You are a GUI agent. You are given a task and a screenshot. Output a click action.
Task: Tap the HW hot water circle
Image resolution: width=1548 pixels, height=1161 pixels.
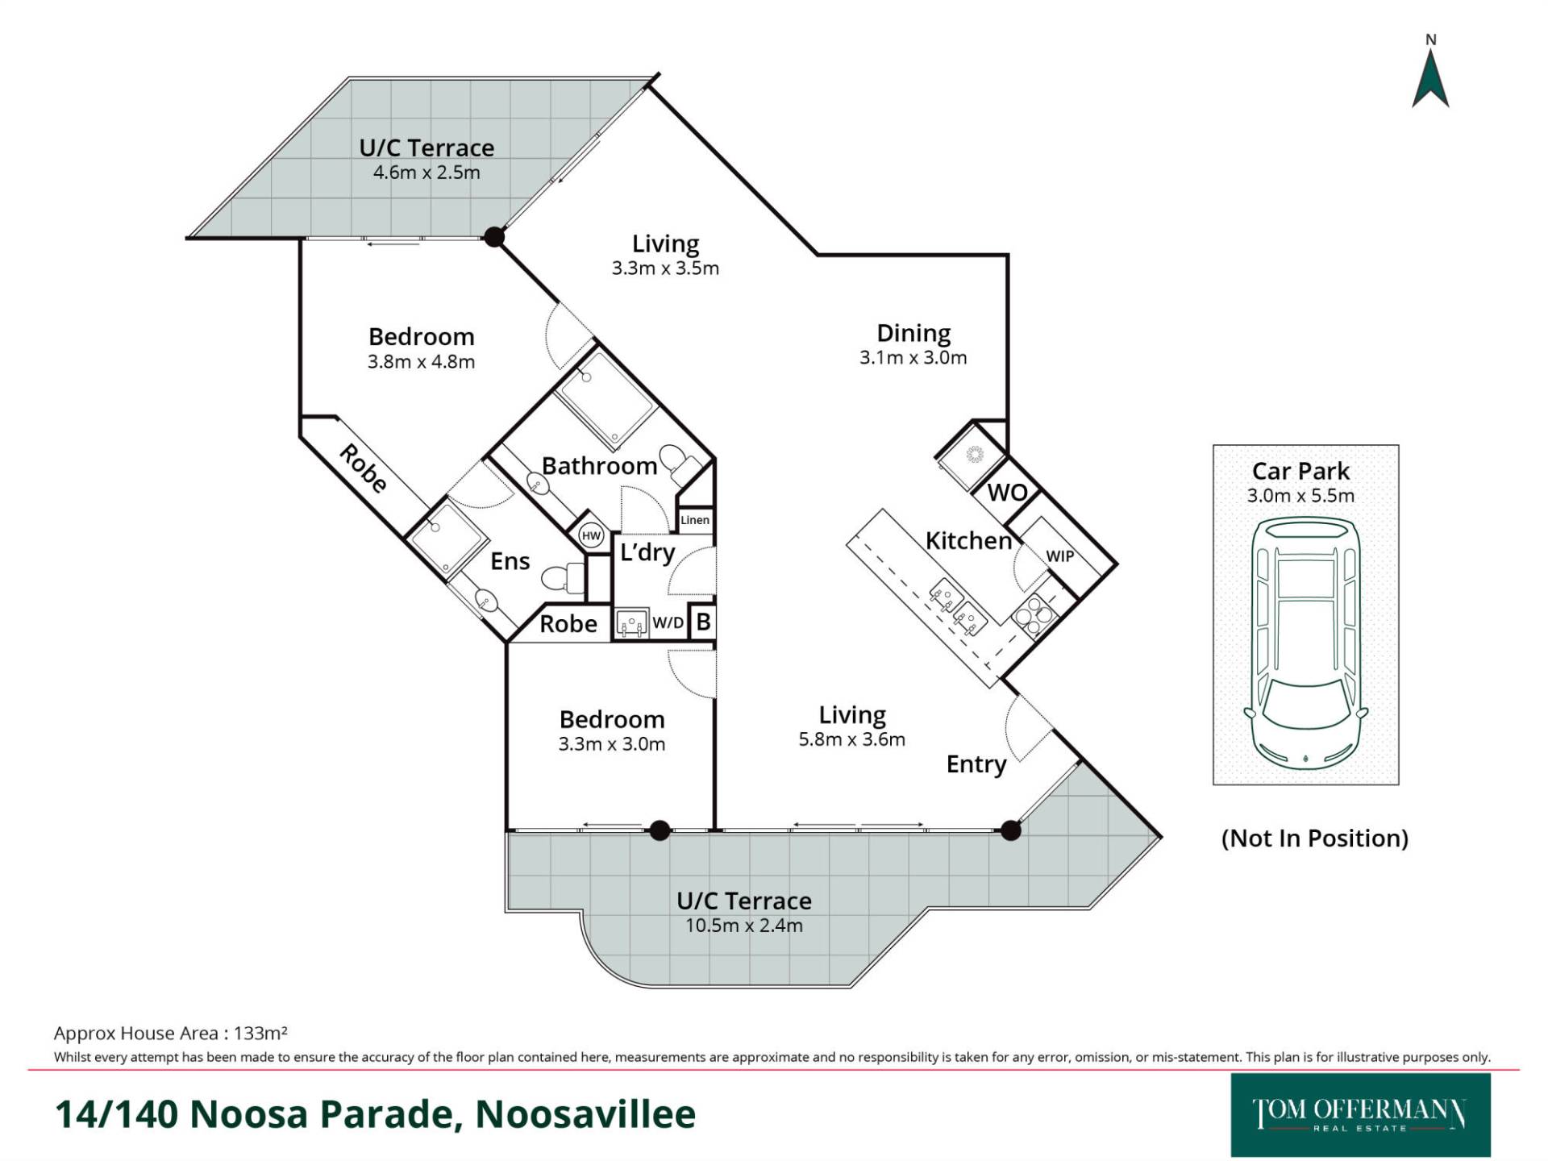click(x=592, y=535)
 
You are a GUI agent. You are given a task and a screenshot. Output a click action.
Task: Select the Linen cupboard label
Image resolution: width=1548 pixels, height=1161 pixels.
click(x=695, y=520)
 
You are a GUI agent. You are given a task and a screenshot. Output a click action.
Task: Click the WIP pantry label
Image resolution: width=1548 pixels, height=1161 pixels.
click(x=1059, y=556)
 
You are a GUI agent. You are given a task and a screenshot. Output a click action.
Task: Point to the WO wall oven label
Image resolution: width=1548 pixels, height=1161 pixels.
click(x=1007, y=492)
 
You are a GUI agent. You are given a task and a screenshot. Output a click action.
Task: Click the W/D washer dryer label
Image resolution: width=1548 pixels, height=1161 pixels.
click(x=668, y=622)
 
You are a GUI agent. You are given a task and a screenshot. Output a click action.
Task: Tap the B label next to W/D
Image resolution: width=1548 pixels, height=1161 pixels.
click(x=703, y=622)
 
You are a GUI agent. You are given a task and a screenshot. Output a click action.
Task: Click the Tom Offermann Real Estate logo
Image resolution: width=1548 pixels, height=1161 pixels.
click(x=1360, y=1115)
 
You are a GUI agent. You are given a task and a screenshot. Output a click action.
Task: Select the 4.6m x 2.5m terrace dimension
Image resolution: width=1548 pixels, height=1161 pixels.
click(x=427, y=173)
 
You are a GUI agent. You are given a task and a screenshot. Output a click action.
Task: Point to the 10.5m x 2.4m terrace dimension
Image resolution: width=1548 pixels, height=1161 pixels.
click(x=744, y=926)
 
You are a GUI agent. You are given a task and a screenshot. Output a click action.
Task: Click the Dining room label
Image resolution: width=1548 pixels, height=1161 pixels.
click(x=913, y=333)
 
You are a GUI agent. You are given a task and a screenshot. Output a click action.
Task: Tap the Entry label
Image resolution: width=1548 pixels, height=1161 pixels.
click(x=976, y=764)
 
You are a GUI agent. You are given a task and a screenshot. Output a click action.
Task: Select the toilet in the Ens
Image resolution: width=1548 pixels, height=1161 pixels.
click(x=563, y=577)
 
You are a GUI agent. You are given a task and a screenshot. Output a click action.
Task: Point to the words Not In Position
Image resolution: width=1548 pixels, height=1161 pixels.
click(x=1315, y=838)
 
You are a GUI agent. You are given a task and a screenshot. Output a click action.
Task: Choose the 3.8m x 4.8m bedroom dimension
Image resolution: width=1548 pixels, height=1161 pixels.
click(x=421, y=362)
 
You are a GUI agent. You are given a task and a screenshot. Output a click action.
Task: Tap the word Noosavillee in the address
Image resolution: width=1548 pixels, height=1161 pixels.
click(x=585, y=1114)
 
